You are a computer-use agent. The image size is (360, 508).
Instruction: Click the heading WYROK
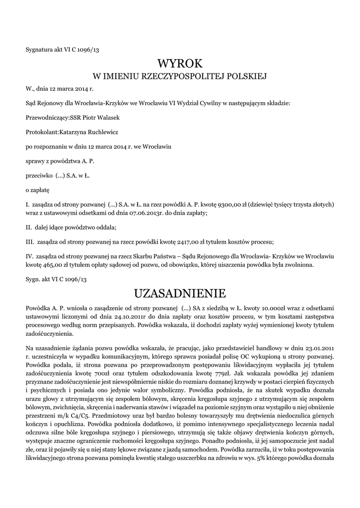tap(180, 63)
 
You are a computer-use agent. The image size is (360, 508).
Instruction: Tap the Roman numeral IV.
tap(29, 256)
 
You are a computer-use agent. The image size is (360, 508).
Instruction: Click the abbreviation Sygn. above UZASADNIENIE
tap(34, 280)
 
